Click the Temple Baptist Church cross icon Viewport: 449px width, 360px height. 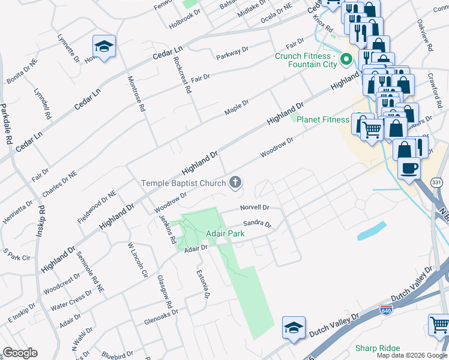pyautogui.click(x=236, y=182)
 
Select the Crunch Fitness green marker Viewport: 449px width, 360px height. pyautogui.click(x=346, y=59)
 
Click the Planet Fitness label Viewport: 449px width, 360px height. pyautogui.click(x=324, y=119)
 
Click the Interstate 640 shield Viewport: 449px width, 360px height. pyautogui.click(x=387, y=311)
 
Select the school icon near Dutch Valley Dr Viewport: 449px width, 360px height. pyautogui.click(x=292, y=327)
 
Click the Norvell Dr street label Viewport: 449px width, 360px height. pyautogui.click(x=254, y=208)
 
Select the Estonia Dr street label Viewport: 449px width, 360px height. pyautogui.click(x=203, y=284)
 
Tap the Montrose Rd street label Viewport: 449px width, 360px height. pyautogui.click(x=136, y=94)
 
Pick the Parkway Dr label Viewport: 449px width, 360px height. pyautogui.click(x=232, y=55)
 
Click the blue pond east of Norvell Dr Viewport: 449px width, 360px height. pyautogui.click(x=372, y=230)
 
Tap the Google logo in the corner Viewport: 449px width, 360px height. pyautogui.click(x=20, y=353)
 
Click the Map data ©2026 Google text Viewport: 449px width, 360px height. pyautogui.click(x=411, y=355)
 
